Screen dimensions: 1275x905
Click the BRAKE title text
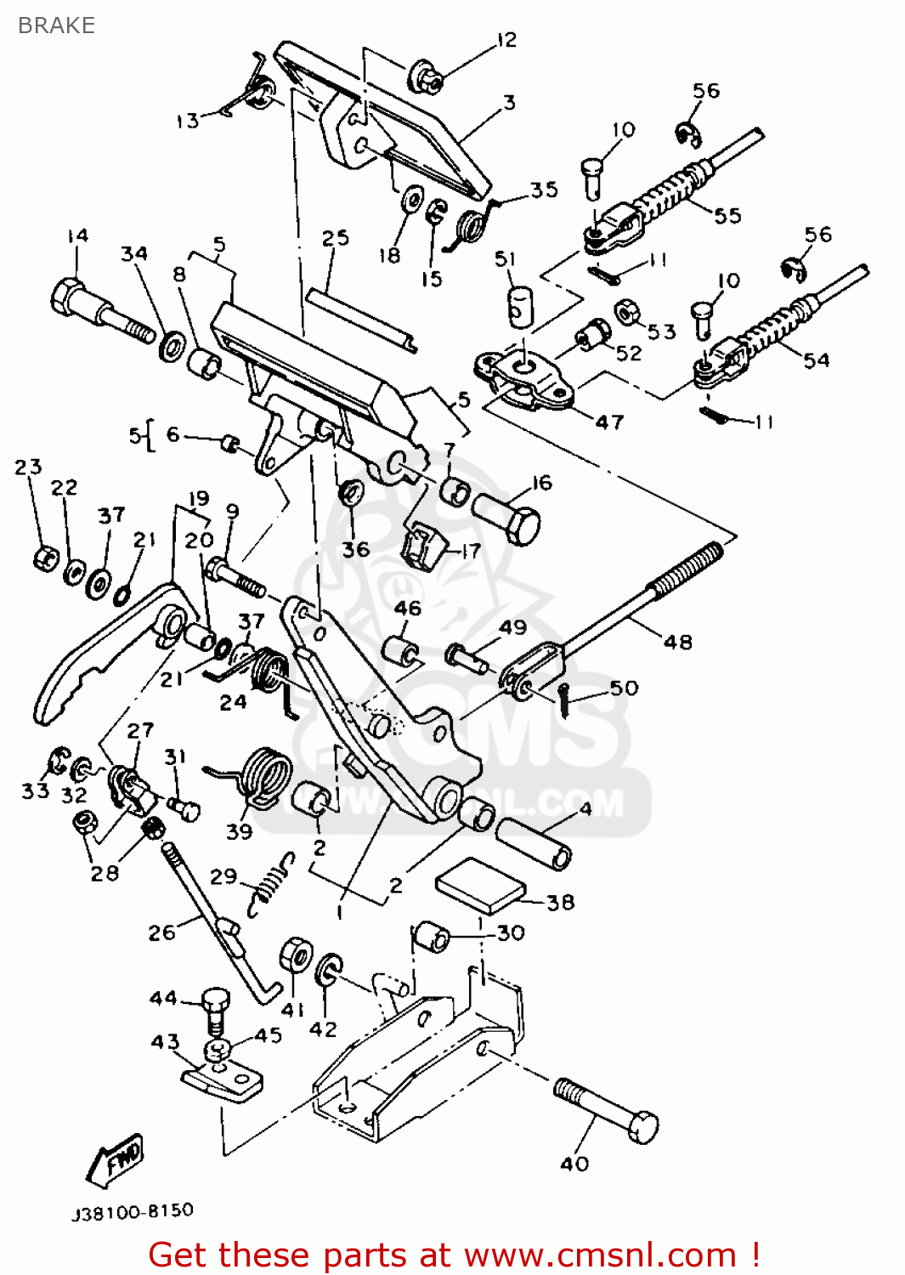pyautogui.click(x=56, y=25)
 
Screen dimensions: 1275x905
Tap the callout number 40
pyautogui.click(x=574, y=1164)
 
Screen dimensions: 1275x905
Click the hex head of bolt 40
pyautogui.click(x=643, y=1127)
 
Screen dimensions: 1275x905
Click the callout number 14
pyautogui.click(x=77, y=235)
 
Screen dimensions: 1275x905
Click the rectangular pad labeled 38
pyautogui.click(x=480, y=885)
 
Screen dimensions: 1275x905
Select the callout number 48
pyautogui.click(x=677, y=642)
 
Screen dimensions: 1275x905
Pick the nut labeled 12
pyautogui.click(x=426, y=76)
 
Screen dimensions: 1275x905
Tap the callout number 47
pyautogui.click(x=609, y=422)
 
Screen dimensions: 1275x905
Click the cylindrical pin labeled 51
pyautogui.click(x=519, y=306)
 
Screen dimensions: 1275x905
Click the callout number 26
pyautogui.click(x=161, y=932)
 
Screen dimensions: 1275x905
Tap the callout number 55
pyautogui.click(x=727, y=215)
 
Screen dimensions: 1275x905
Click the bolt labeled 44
pyautogui.click(x=216, y=1007)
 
